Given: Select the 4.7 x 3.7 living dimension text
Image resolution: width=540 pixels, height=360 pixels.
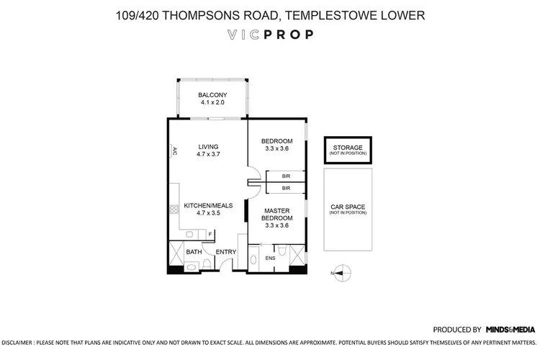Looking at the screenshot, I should click(207, 154).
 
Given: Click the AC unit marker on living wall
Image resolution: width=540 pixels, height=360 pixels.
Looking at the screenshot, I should click(174, 151).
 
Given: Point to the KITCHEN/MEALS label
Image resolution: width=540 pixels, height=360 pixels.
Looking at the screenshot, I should click(207, 206).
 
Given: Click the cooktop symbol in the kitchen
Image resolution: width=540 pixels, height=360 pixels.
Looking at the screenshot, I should click(174, 211).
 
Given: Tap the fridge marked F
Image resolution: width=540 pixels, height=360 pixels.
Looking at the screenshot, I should click(210, 234).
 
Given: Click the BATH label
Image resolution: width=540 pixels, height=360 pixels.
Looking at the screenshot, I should click(194, 252).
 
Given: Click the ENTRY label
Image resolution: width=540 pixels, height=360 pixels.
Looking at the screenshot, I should click(226, 252).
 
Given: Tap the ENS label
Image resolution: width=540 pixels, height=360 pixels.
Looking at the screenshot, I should click(270, 258).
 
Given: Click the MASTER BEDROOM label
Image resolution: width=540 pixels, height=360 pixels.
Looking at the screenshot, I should click(276, 215).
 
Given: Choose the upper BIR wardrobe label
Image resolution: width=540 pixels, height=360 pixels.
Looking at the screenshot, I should click(286, 176).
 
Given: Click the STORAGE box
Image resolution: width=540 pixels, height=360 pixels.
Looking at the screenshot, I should click(347, 150).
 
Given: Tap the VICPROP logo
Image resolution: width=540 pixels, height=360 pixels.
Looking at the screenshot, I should click(269, 35).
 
